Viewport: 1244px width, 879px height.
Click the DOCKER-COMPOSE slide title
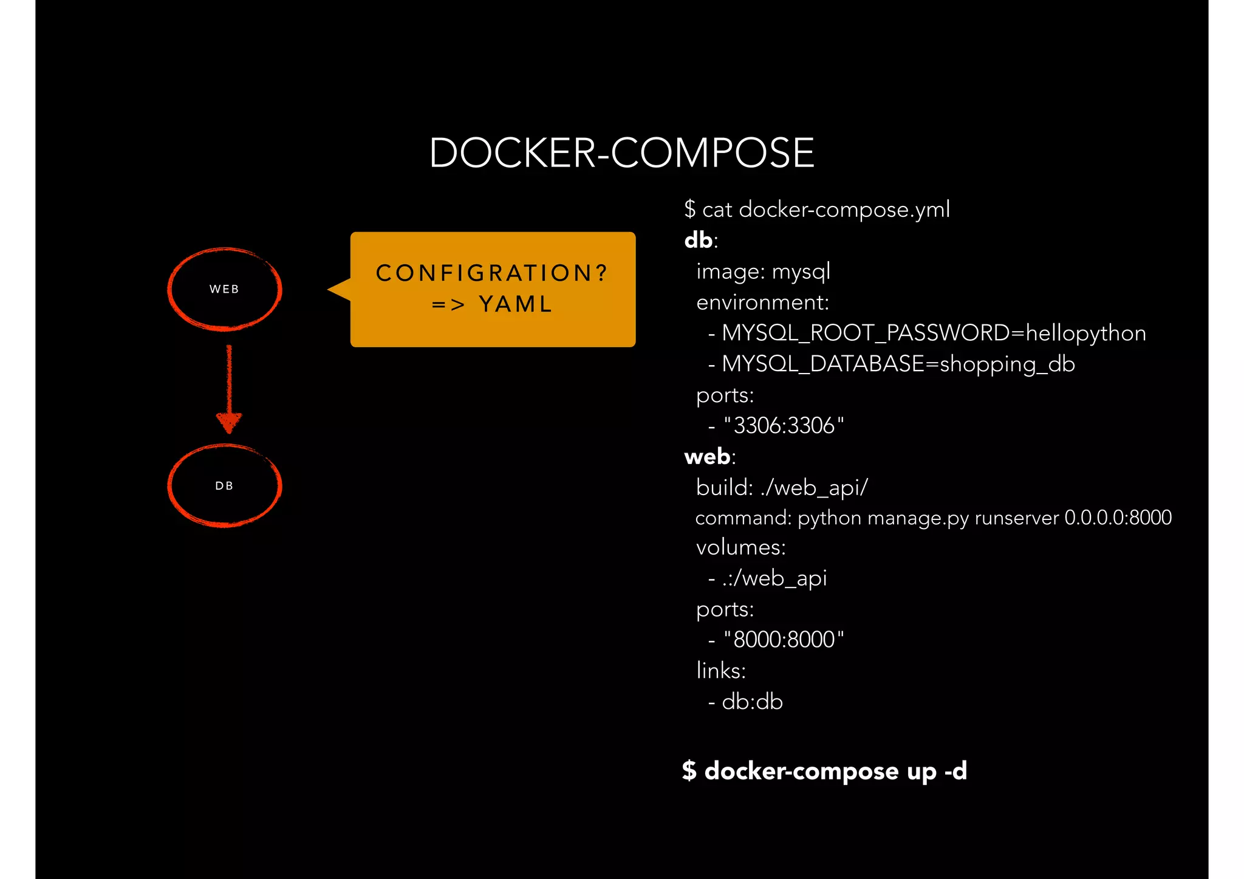click(621, 152)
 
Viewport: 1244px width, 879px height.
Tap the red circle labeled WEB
click(224, 289)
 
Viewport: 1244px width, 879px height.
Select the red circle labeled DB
click(224, 485)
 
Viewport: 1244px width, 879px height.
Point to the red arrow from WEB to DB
click(229, 389)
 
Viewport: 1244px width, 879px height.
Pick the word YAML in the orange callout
click(516, 304)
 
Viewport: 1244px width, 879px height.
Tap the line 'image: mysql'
click(763, 272)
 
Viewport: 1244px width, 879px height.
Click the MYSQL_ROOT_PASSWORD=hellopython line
click(934, 333)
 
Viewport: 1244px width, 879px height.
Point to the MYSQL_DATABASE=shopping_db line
click(898, 364)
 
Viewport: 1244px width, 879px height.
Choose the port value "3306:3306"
click(784, 425)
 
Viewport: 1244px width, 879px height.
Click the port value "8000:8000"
click(784, 640)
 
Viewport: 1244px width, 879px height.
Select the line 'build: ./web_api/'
click(782, 487)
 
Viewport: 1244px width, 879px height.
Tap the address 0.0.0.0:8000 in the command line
click(1118, 518)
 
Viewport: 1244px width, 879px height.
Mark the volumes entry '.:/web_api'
click(774, 578)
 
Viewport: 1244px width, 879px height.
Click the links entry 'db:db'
click(752, 702)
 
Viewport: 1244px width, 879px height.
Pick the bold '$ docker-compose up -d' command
click(824, 771)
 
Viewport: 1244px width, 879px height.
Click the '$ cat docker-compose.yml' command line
click(816, 210)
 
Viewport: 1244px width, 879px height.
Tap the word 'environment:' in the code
click(762, 303)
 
